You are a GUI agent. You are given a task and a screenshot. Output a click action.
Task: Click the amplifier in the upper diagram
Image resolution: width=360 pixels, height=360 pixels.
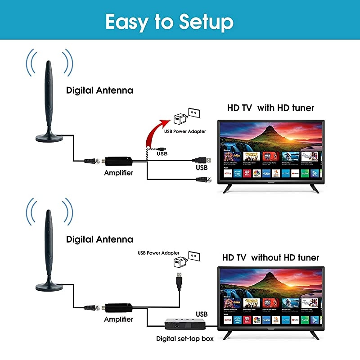(118, 160)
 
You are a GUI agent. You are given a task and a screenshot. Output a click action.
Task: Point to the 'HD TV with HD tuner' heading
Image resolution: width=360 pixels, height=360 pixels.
(270, 108)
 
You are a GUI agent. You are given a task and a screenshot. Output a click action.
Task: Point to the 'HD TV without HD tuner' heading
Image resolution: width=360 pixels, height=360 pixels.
(270, 258)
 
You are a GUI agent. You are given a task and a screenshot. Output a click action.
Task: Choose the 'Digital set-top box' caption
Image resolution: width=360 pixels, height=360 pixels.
(184, 338)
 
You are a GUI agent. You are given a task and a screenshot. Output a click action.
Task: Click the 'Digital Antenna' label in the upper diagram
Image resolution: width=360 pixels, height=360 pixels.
(99, 90)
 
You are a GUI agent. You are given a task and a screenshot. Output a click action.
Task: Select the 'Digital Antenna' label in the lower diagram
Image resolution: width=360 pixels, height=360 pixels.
(99, 239)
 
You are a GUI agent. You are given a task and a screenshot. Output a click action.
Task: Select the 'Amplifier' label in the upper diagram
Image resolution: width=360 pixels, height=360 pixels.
(118, 173)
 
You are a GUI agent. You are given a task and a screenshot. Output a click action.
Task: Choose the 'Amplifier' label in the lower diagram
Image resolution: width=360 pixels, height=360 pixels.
(118, 319)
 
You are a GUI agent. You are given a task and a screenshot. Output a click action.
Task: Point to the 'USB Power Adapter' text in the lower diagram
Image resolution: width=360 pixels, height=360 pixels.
(158, 253)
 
